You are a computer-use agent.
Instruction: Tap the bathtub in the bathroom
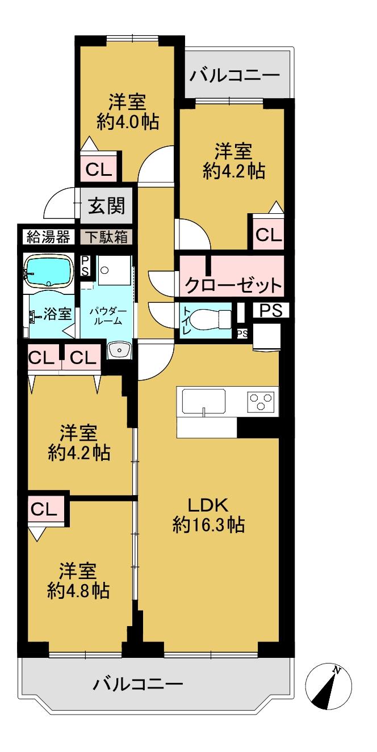coord(48,271)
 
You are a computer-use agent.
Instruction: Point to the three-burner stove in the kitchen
coord(261,402)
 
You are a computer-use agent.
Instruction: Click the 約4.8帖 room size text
coord(78,591)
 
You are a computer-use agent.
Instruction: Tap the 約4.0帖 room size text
coord(127,121)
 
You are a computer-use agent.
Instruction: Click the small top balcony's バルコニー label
coord(235,75)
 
